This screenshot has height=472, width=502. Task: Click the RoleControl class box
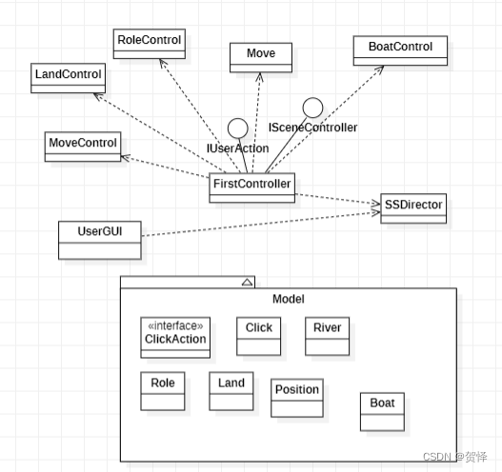tap(149, 44)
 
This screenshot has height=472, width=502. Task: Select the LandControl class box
tap(67, 78)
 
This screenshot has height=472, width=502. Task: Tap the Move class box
tap(261, 56)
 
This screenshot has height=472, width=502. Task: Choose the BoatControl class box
tap(400, 50)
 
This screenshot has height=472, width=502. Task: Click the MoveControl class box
tap(83, 147)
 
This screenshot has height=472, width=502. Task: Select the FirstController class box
tap(251, 187)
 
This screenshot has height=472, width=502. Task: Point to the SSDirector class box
tap(412, 207)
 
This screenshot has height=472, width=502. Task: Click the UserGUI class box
tap(99, 240)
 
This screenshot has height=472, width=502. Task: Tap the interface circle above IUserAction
tap(238, 128)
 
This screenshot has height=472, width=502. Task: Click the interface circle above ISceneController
tap(313, 108)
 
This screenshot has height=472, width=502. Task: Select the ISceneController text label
tap(312, 128)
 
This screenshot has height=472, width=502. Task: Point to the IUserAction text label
tap(238, 148)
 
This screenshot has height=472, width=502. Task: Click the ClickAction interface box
tap(175, 337)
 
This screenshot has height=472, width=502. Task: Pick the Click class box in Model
tap(259, 336)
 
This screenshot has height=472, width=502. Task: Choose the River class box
tap(328, 336)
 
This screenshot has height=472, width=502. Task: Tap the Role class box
tap(163, 391)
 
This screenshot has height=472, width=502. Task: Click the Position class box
tap(297, 399)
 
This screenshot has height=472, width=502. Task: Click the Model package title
tap(288, 299)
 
